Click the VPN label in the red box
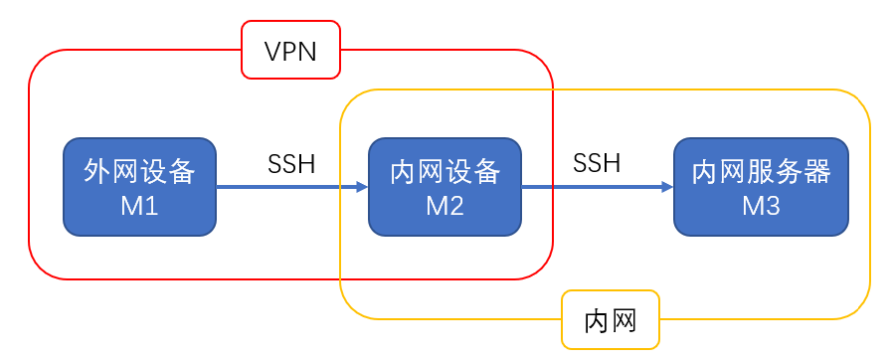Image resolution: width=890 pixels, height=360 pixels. click(x=290, y=51)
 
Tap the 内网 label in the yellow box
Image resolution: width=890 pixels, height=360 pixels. click(x=610, y=321)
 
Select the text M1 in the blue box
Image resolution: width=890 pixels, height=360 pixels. click(x=139, y=207)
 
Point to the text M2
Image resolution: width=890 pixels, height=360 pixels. click(x=445, y=207)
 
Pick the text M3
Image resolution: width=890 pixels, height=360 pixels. click(x=761, y=207)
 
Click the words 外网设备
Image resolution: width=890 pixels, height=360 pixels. click(x=139, y=172)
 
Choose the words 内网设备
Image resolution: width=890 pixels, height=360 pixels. click(x=445, y=172)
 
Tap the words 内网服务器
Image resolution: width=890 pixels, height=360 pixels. click(x=761, y=172)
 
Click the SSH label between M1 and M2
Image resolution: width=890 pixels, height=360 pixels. click(x=291, y=164)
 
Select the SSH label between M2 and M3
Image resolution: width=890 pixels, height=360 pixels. click(x=597, y=164)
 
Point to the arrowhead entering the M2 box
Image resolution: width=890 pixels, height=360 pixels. click(x=361, y=186)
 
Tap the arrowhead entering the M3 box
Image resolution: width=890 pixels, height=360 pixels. click(x=666, y=186)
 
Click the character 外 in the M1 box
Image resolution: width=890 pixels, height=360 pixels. click(x=97, y=172)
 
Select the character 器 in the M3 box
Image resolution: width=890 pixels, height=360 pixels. click(x=816, y=172)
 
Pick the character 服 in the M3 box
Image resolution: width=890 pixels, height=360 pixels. click(x=761, y=172)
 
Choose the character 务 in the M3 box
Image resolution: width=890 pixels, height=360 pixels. click(x=789, y=172)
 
